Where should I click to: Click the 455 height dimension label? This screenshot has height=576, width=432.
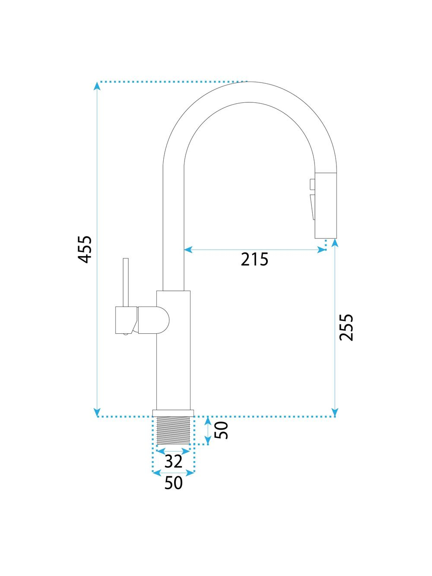[85, 250]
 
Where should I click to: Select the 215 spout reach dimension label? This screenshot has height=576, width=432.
[254, 259]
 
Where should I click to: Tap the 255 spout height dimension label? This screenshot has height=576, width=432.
[346, 327]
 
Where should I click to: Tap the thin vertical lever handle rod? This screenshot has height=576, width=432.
[126, 282]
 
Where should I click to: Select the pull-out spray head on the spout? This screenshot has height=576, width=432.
[326, 206]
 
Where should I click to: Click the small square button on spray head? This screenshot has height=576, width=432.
[312, 184]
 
